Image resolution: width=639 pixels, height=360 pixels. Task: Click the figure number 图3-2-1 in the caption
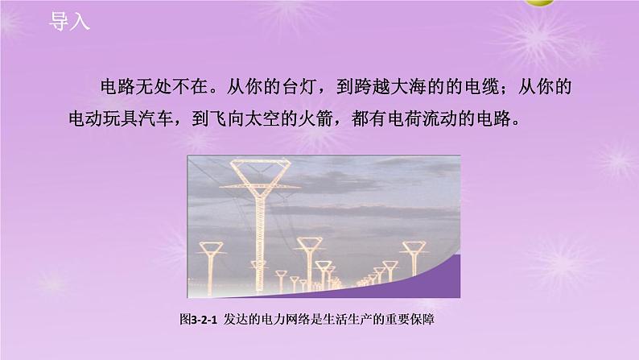(197, 319)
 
